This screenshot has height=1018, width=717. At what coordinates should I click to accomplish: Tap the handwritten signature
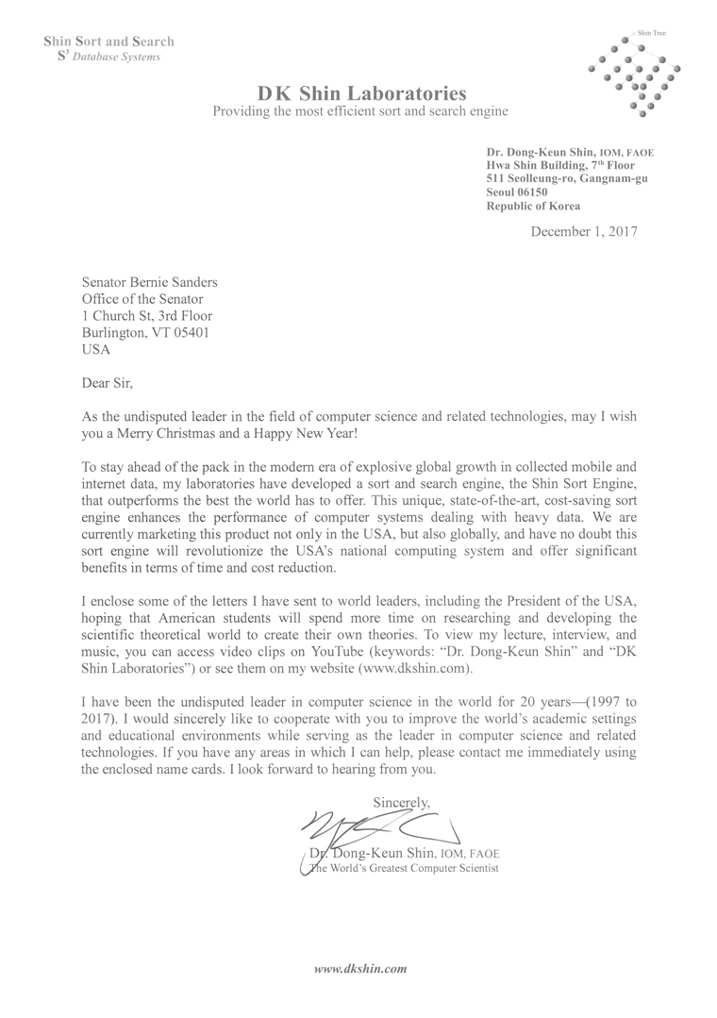coord(377,829)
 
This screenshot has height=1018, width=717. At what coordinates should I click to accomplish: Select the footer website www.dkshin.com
coord(359,969)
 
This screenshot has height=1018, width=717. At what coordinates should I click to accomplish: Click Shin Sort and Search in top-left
coord(109,42)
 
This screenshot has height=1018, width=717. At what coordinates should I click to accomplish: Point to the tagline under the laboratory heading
coord(360,111)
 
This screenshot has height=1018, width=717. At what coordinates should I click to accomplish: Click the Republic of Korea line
coord(533,206)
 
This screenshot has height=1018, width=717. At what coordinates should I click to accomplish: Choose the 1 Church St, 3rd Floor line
coord(147,316)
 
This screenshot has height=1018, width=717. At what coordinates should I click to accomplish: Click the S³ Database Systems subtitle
coord(108,57)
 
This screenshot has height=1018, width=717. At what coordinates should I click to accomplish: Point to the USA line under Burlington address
coord(96,349)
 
